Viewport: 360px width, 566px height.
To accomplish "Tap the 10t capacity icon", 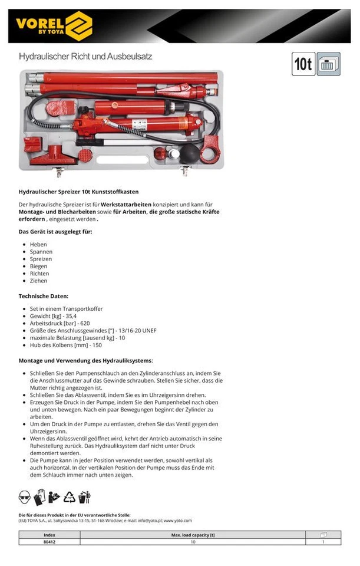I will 303,64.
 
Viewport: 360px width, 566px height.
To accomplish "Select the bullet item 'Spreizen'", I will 41,259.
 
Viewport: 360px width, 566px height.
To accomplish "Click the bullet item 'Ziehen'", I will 39,281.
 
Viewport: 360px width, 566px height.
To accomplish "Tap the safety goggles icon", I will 25,496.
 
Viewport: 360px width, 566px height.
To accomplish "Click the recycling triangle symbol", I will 70,496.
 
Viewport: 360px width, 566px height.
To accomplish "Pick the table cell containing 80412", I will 49,541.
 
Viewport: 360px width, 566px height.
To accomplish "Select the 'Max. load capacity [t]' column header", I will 193,534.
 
